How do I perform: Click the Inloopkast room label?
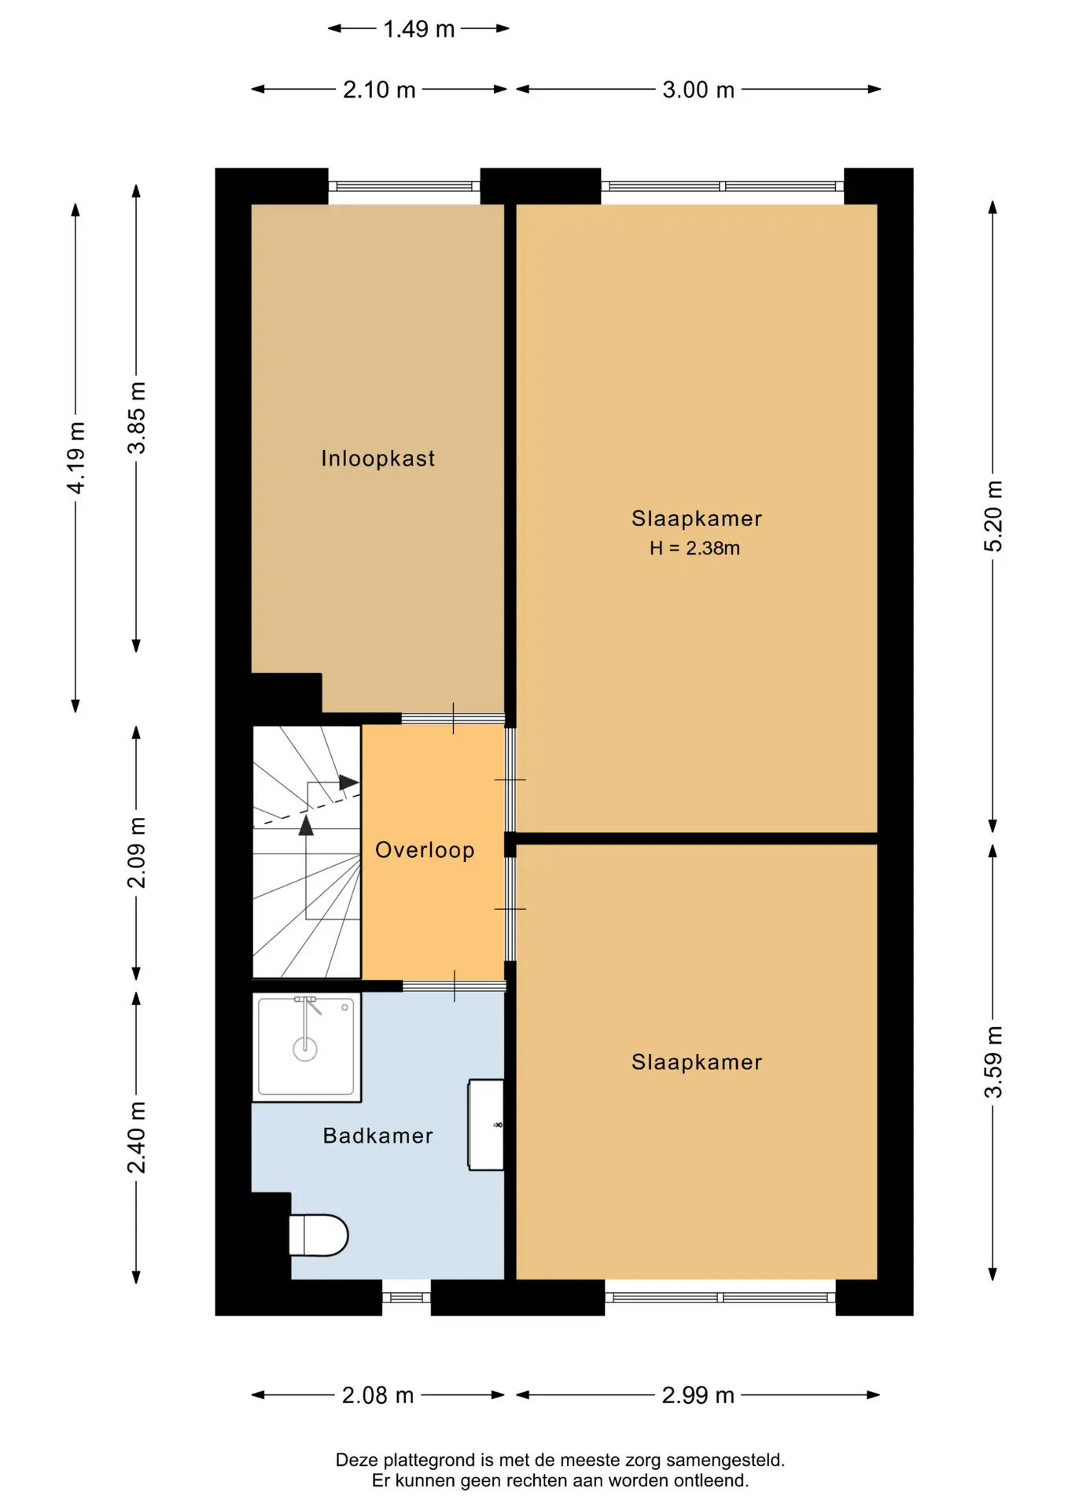point(377,459)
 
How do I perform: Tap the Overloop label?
point(425,850)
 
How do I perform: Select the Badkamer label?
point(377,1136)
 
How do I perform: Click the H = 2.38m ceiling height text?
point(694,548)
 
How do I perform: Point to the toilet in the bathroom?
point(318,1235)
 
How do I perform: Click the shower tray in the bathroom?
point(306,1047)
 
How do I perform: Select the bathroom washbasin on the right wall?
point(486,1125)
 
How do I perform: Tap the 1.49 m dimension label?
point(418,29)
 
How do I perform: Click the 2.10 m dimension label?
point(379,90)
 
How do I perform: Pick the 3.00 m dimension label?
point(698,90)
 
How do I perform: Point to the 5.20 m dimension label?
point(993,516)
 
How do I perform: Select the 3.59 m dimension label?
point(993,1062)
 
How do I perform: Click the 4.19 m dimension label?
point(75,458)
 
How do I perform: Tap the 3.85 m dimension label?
point(137,418)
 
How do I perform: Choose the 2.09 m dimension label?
point(137,853)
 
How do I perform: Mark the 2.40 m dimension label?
point(137,1137)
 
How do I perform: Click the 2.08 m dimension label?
point(377,1395)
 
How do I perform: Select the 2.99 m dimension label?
point(698,1395)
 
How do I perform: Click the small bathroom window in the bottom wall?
point(407,1298)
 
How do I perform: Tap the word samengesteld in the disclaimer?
point(725,1460)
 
